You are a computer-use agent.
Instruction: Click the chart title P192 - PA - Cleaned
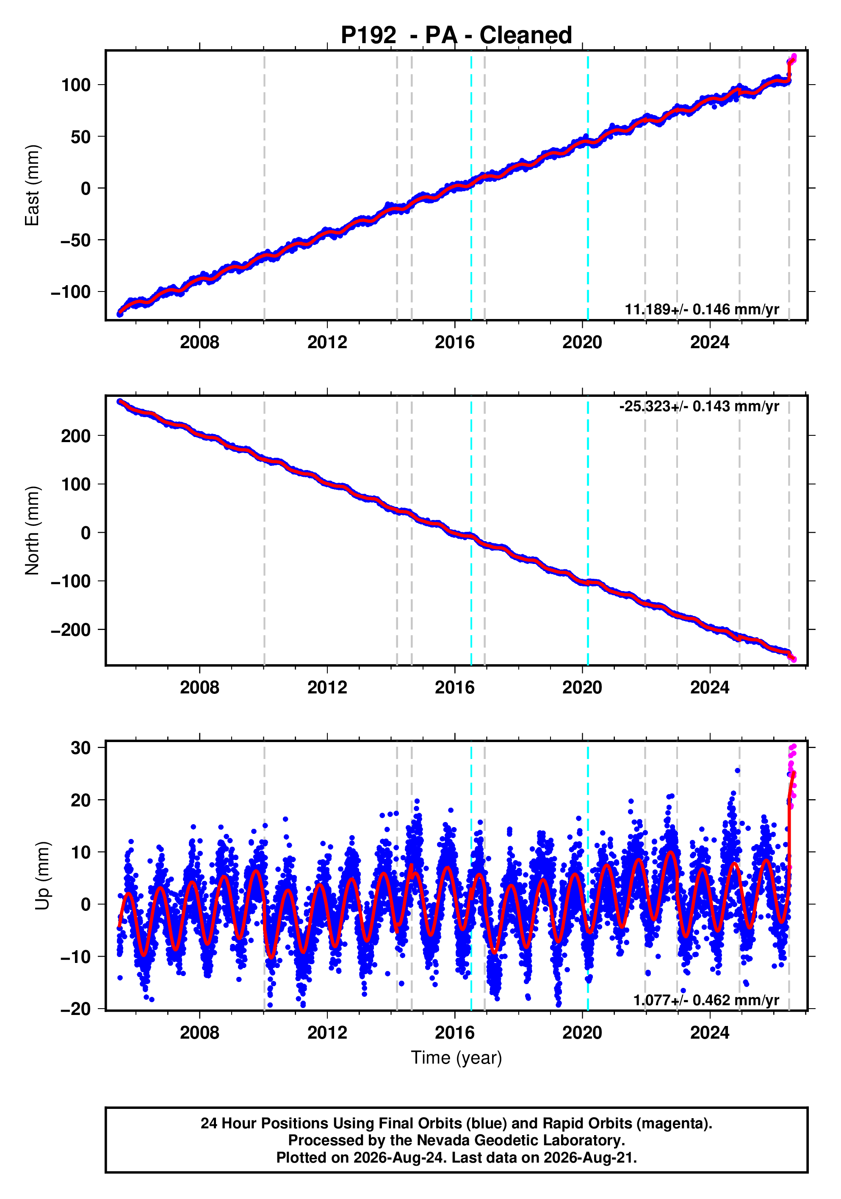pos(456,35)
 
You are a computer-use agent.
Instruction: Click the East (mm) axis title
pos(33,185)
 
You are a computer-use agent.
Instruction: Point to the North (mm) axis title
pos(33,531)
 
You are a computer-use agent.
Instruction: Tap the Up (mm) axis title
pos(43,876)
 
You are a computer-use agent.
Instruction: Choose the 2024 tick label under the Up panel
pos(710,1032)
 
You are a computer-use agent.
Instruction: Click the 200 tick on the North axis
pos(76,435)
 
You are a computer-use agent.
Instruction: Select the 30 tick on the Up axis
pos(81,748)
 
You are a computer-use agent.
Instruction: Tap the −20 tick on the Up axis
pos(75,1008)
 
